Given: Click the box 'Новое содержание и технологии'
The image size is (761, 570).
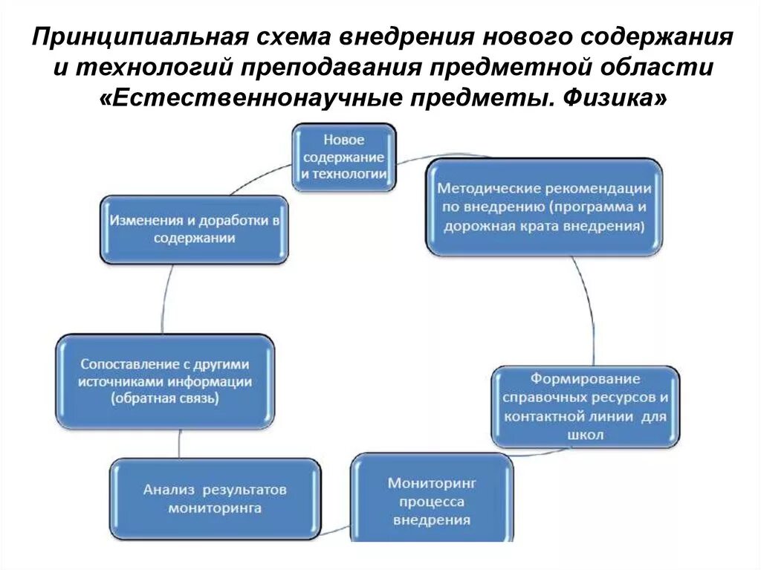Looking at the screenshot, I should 343,158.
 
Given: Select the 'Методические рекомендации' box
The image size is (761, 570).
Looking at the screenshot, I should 543,207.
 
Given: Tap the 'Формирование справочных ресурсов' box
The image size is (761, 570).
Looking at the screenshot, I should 585,407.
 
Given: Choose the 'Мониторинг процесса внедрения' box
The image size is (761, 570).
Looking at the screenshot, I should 432,499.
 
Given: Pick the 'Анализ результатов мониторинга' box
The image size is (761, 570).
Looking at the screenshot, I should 216,499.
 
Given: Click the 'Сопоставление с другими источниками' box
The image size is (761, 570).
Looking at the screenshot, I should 165,381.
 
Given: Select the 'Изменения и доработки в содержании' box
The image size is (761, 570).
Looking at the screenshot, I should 195,229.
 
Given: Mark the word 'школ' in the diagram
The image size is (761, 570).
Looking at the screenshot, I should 585,435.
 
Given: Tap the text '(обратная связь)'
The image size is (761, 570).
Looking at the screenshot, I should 165,399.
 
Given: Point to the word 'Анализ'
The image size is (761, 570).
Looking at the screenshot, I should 169,490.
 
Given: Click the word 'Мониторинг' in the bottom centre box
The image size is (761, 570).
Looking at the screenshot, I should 432,482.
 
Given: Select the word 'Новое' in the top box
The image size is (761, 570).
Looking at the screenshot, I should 343,140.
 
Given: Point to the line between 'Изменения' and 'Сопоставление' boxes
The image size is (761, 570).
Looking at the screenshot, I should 163,297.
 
